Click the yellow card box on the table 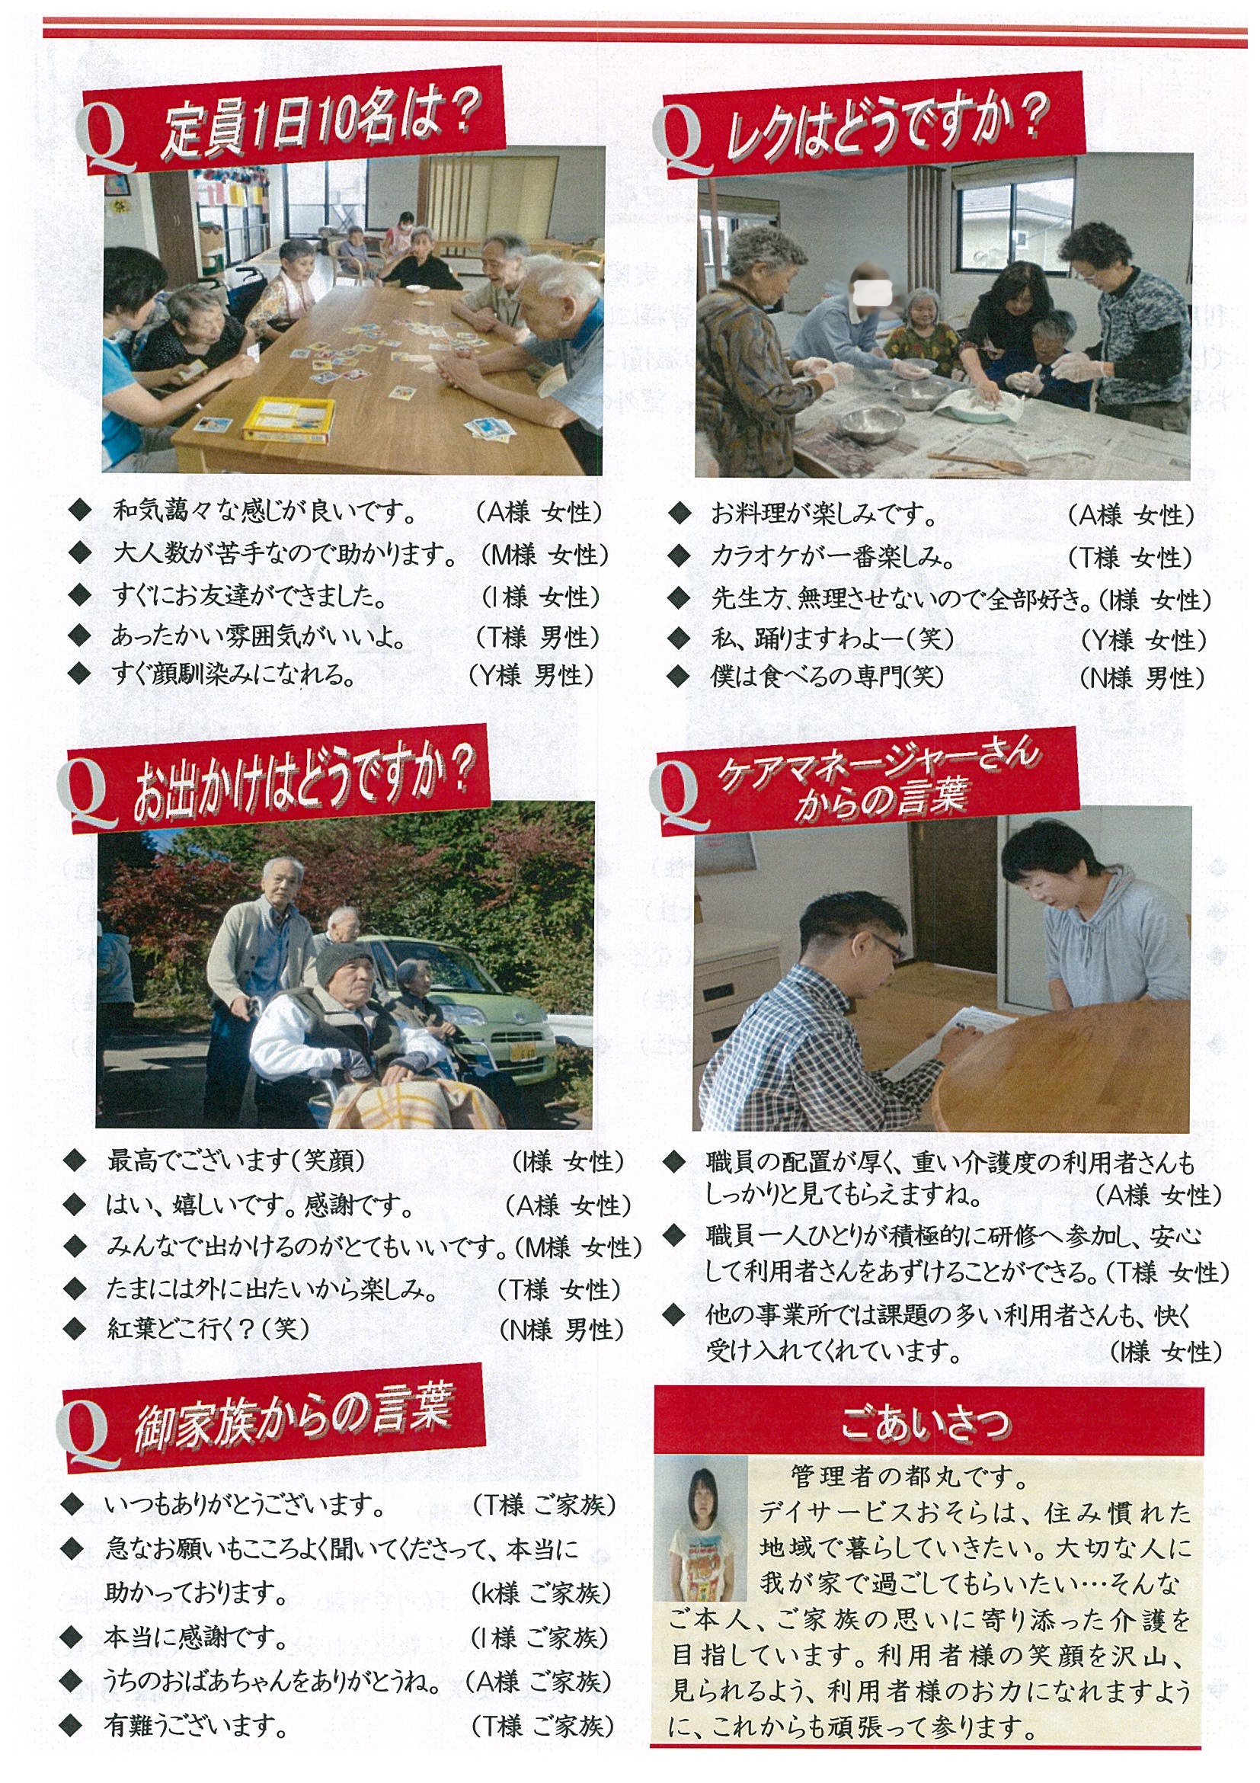click(x=288, y=418)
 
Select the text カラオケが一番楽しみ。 click(x=832, y=557)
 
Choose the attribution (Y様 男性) click(x=532, y=674)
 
